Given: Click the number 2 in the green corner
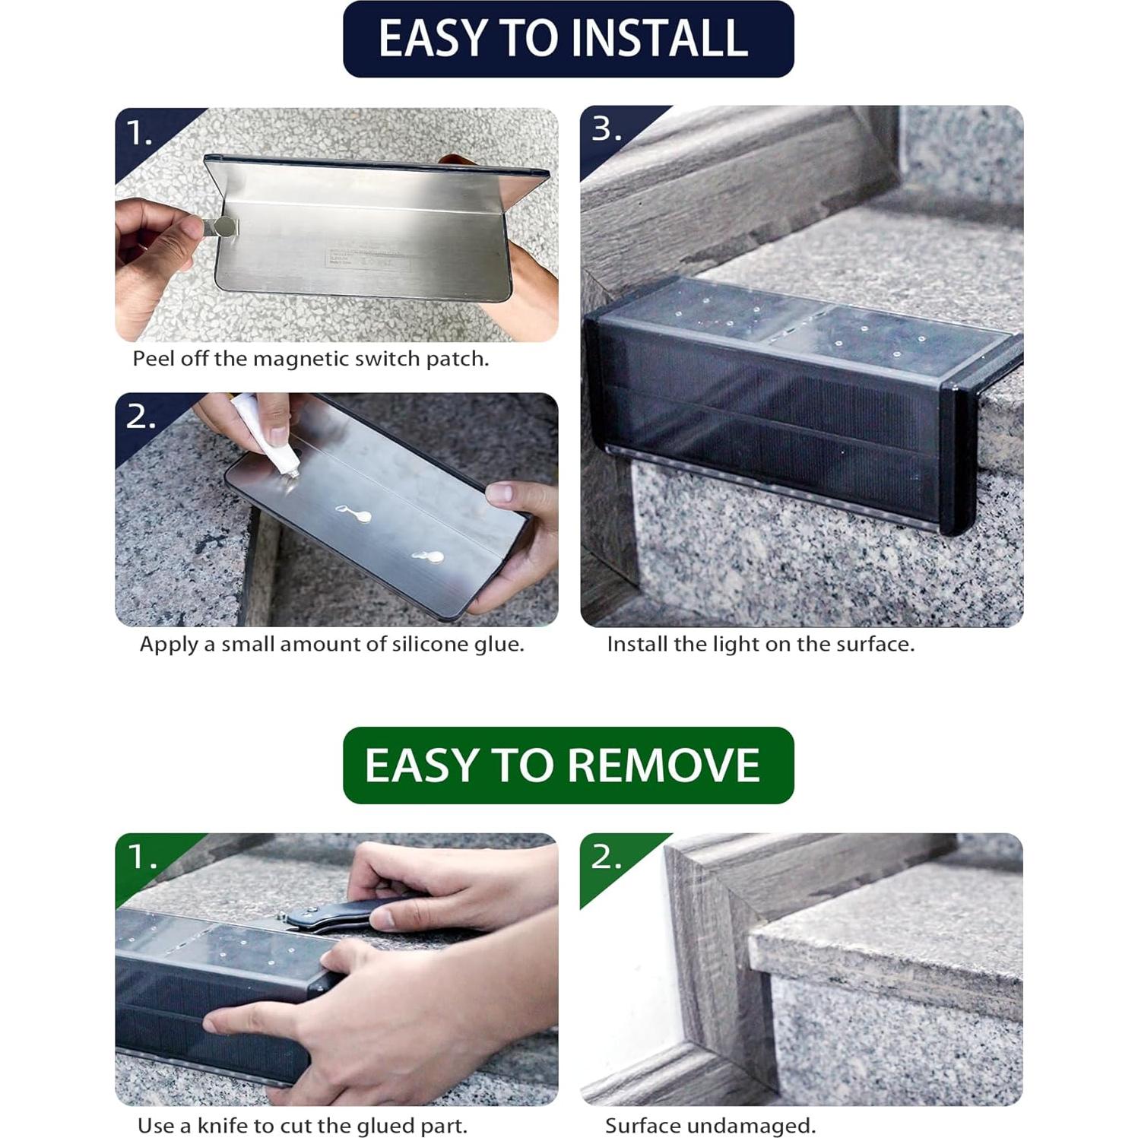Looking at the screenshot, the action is click(x=605, y=857).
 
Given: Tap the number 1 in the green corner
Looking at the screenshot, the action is click(x=139, y=857).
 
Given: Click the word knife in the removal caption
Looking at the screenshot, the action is click(x=222, y=1125).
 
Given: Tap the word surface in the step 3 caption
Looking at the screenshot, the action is click(x=872, y=644).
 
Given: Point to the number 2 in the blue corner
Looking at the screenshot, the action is click(x=139, y=417).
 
